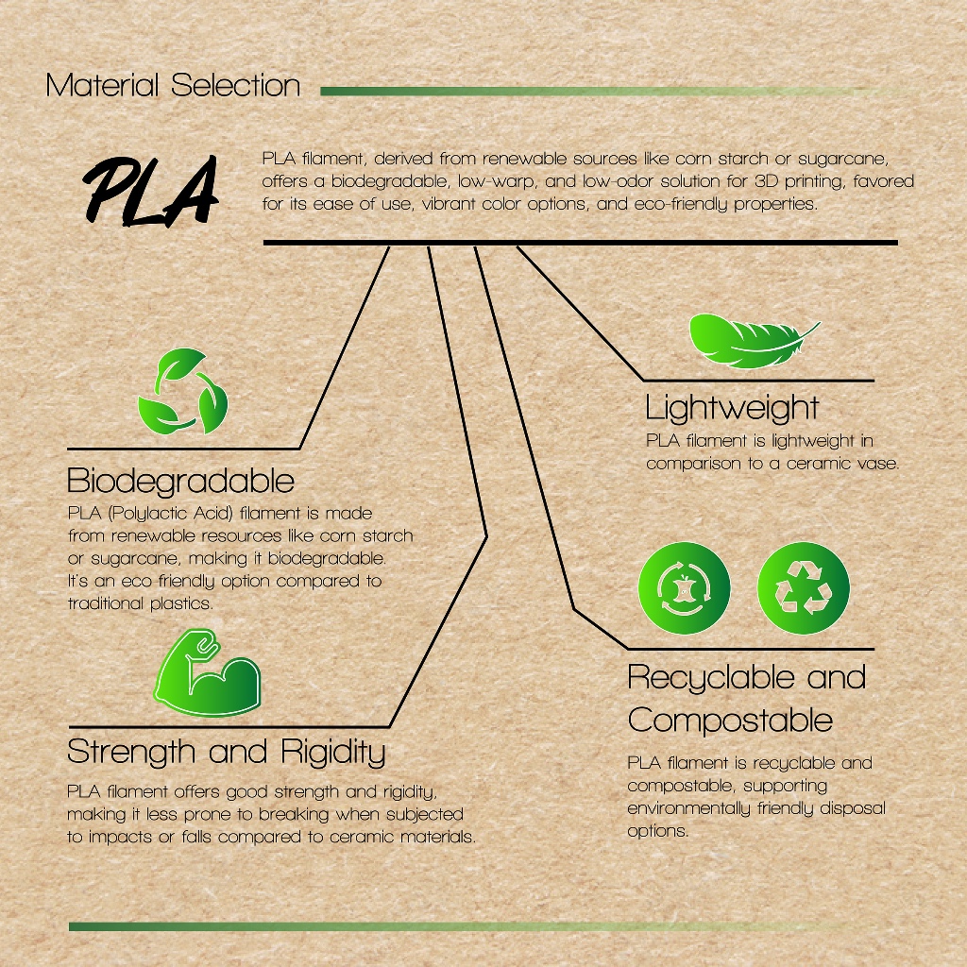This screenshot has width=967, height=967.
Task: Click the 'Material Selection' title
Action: click(x=173, y=85)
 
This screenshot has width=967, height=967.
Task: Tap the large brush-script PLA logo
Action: click(x=151, y=190)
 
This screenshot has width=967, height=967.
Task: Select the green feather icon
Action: click(x=754, y=340)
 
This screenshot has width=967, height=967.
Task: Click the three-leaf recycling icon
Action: click(x=182, y=391)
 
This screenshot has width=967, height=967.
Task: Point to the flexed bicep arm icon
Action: click(x=207, y=672)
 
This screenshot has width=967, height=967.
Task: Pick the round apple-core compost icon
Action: click(x=684, y=587)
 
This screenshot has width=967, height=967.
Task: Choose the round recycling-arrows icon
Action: click(x=803, y=587)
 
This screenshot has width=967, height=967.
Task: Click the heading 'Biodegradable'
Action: click(x=180, y=481)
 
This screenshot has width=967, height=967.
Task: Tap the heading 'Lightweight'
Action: click(x=732, y=408)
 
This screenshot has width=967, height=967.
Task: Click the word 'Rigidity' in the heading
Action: click(x=333, y=752)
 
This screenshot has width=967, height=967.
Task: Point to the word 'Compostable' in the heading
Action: click(x=730, y=721)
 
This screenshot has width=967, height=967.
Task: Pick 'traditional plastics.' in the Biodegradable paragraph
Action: click(x=141, y=603)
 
